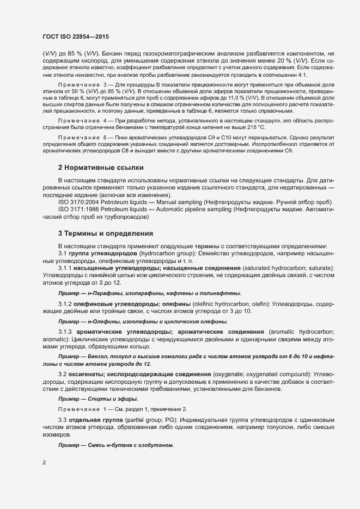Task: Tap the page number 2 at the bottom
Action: click(x=44, y=463)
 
